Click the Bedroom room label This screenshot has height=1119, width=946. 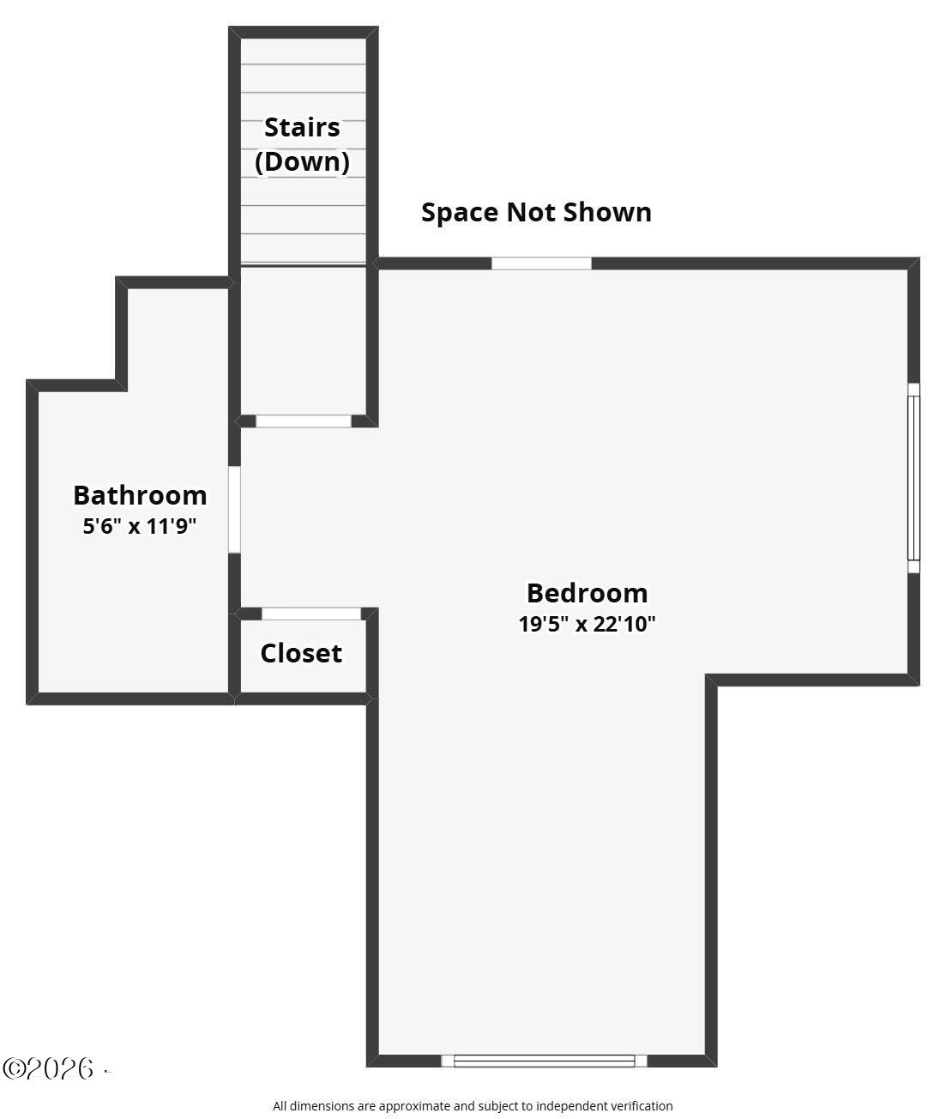click(x=587, y=593)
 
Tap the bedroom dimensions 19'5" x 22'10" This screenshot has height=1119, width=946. click(x=587, y=624)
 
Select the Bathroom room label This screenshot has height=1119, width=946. click(x=140, y=495)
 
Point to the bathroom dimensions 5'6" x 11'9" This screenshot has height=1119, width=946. click(x=140, y=526)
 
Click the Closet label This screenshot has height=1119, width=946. click(x=301, y=653)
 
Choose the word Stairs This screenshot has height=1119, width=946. click(x=302, y=128)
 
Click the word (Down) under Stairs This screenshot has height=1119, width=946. click(x=302, y=162)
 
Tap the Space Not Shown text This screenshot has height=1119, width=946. click(x=536, y=212)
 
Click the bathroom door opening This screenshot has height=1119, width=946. click(x=234, y=510)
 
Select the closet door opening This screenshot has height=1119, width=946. click(x=311, y=614)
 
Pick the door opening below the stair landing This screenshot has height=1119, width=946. click(x=304, y=421)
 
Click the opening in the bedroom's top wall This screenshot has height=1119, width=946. click(x=541, y=263)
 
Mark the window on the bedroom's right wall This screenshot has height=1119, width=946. click(x=913, y=478)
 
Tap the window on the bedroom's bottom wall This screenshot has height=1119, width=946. click(x=545, y=1061)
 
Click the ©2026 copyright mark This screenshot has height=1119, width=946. click(x=48, y=1068)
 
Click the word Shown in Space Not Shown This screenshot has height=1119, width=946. click(x=608, y=212)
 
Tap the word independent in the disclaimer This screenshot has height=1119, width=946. click(x=571, y=1105)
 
